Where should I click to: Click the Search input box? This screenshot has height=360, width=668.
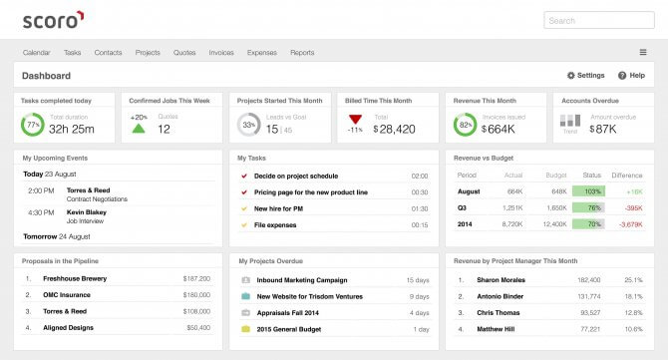click(598, 20)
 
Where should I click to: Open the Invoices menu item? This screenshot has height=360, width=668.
click(221, 53)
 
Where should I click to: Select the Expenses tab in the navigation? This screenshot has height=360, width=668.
click(261, 53)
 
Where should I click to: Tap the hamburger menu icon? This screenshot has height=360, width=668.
click(643, 53)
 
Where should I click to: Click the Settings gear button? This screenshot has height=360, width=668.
click(585, 76)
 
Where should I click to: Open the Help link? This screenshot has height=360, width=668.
click(630, 76)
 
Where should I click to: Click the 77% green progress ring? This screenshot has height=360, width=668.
click(32, 126)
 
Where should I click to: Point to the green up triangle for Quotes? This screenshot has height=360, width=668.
click(139, 129)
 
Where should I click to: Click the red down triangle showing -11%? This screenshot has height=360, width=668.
click(355, 120)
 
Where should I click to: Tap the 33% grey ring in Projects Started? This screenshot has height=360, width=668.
click(248, 126)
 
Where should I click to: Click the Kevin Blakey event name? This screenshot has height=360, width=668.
click(87, 211)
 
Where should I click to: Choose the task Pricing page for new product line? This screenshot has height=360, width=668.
click(310, 191)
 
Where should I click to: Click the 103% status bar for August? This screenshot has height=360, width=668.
click(589, 190)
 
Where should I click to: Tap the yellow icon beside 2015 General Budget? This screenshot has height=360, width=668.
click(245, 328)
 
